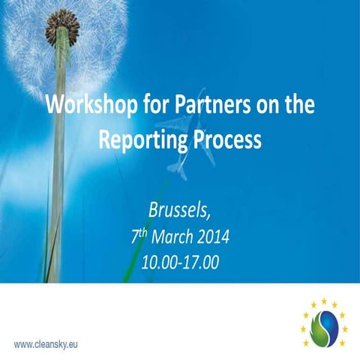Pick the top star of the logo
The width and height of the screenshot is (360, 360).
(323, 301)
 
